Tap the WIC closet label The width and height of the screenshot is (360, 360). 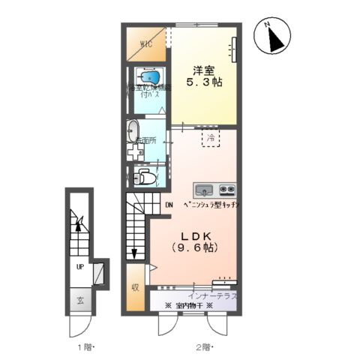coord(145,43)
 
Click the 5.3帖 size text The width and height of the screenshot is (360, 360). coord(205,82)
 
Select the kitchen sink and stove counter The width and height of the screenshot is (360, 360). coord(214,188)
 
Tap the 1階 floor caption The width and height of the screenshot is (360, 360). coord(83,346)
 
